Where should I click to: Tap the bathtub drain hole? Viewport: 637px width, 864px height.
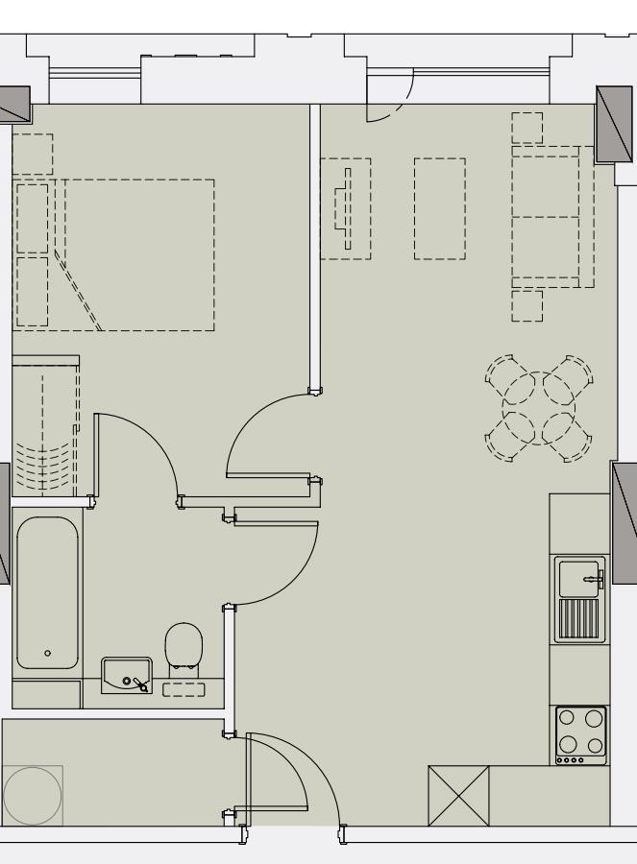[x=48, y=653]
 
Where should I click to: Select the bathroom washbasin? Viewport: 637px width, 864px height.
[x=126, y=675]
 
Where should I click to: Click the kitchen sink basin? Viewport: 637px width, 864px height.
[x=576, y=577]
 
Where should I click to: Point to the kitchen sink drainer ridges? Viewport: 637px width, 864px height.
[x=578, y=620]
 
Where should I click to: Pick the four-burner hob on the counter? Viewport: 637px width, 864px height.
[x=581, y=735]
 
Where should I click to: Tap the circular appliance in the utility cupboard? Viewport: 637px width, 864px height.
[x=32, y=795]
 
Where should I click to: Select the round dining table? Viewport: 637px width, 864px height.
[x=538, y=407]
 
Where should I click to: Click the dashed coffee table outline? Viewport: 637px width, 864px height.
[x=440, y=208]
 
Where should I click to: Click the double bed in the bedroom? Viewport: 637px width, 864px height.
[x=135, y=254]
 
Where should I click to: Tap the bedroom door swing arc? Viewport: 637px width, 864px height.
[x=252, y=422]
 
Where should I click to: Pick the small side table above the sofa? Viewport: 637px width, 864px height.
[x=527, y=128]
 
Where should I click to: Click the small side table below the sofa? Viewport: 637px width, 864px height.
[x=527, y=306]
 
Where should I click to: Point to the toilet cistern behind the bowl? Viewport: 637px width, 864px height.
[x=184, y=688]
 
